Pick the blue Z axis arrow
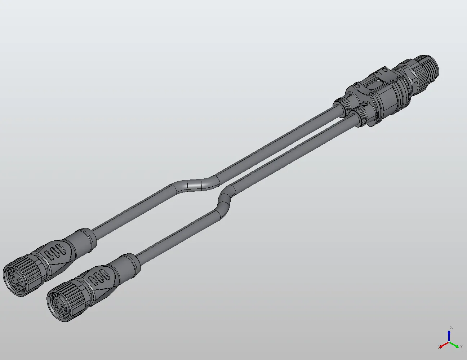(449, 335)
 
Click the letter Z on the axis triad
(451, 328)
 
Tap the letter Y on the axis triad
(461, 347)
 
